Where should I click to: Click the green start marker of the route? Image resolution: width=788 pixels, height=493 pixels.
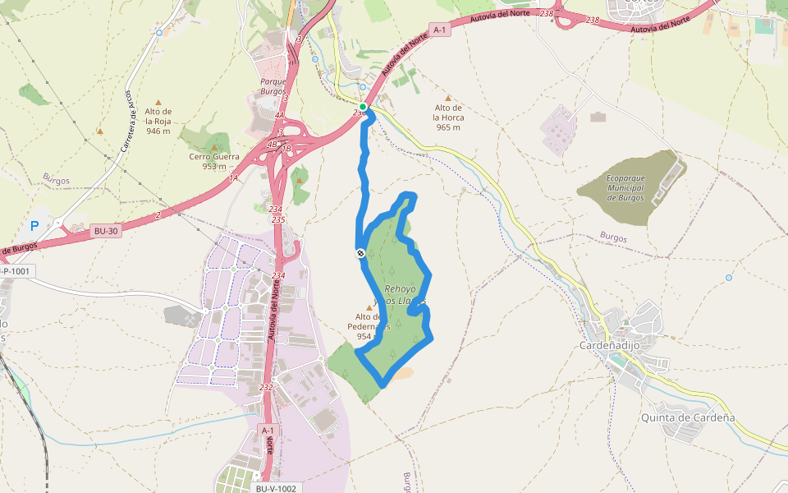(x=363, y=107)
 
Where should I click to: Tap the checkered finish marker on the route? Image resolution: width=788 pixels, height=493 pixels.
(x=360, y=253)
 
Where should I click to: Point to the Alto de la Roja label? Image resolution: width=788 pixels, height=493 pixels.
(x=158, y=121)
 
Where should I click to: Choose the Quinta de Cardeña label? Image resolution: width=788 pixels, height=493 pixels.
(x=688, y=417)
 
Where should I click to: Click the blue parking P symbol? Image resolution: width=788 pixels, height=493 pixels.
(x=34, y=225)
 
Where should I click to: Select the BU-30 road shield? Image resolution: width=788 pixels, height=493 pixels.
(x=106, y=231)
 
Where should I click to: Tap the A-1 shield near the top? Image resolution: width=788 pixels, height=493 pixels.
(x=440, y=30)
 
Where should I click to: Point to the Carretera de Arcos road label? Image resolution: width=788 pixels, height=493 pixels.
(x=129, y=131)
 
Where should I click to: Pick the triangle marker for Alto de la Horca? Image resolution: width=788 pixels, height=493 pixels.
(x=448, y=98)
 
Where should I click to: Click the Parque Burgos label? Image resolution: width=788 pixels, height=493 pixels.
(x=273, y=86)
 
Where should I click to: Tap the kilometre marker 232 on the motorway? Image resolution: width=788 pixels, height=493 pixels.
(x=266, y=387)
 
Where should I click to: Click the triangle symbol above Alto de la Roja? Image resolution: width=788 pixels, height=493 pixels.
(x=158, y=102)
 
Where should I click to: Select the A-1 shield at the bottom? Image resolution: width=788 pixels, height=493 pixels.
(x=268, y=431)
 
